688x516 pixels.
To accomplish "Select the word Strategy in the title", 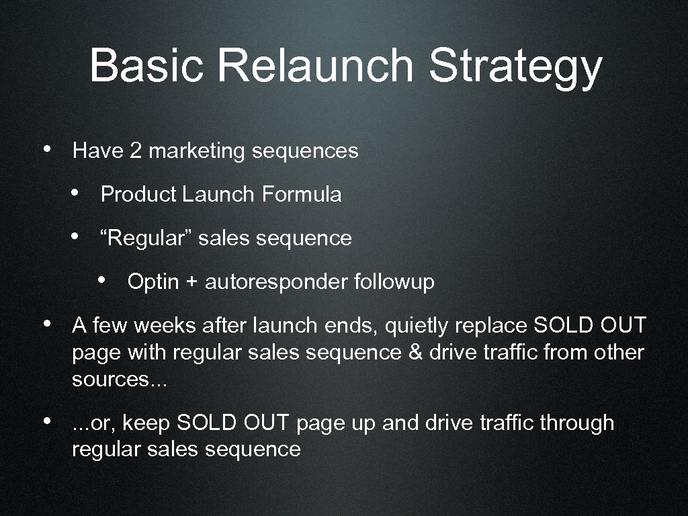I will pyautogui.click(x=515, y=67).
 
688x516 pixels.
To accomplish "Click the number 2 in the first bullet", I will pyautogui.click(x=136, y=150).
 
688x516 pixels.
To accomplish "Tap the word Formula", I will pyautogui.click(x=302, y=194).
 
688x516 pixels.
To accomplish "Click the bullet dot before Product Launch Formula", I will pyautogui.click(x=77, y=193).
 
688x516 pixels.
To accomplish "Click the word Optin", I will pyautogui.click(x=153, y=282).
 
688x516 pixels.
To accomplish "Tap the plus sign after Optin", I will pyautogui.click(x=191, y=282).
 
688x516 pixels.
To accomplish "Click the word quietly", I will pyautogui.click(x=419, y=327).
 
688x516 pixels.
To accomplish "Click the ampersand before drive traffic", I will pyautogui.click(x=415, y=352).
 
